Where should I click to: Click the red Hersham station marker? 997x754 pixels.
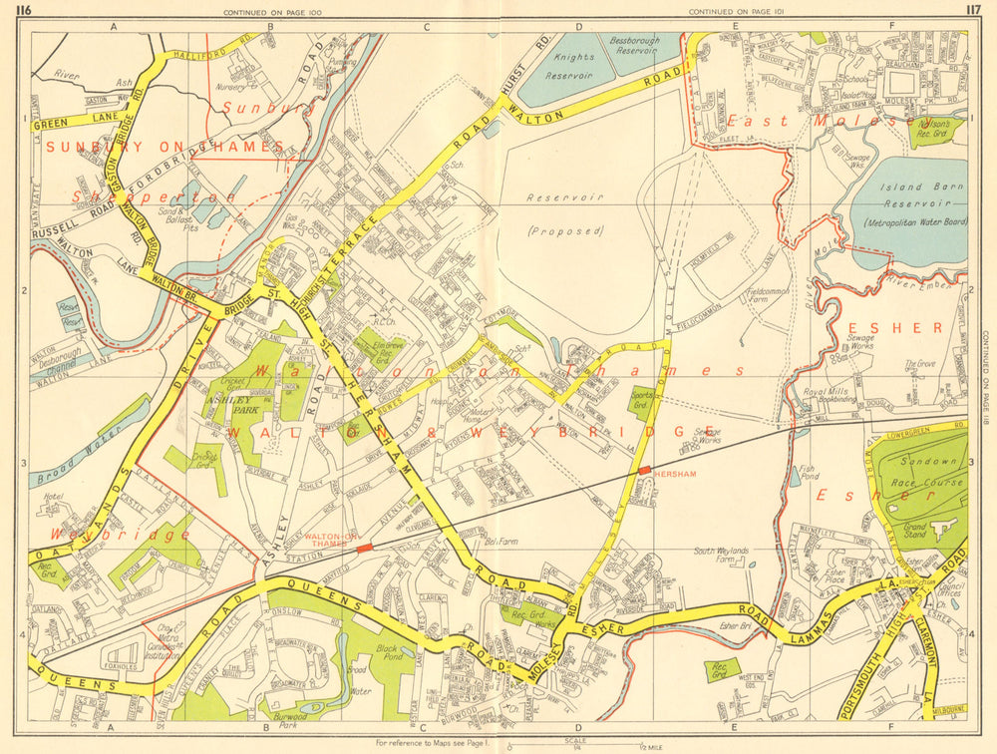645,469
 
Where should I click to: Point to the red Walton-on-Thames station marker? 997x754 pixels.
365,548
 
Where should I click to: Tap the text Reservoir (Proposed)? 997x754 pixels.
567,213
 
